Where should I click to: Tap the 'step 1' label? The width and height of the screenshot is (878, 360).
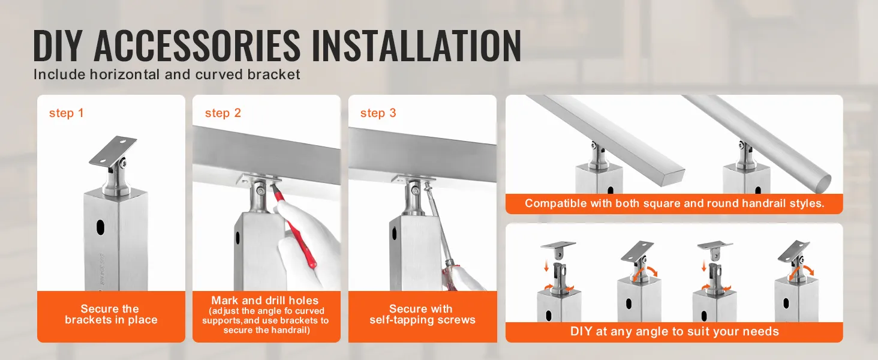tap(66, 113)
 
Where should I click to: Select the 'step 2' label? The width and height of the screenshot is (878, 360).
tap(222, 113)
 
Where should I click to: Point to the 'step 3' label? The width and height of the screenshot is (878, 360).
tap(378, 113)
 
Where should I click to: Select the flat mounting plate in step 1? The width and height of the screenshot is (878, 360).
tap(113, 151)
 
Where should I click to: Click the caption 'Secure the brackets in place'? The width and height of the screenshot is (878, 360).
tap(111, 314)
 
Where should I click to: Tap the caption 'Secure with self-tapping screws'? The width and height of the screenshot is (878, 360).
tap(422, 314)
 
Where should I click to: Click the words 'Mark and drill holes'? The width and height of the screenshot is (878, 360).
tap(264, 301)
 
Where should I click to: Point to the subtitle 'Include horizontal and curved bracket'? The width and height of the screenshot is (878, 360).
tap(167, 75)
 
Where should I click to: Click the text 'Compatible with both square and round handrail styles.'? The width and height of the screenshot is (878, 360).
tap(674, 203)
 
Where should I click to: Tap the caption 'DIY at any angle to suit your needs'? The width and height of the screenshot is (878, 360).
tap(674, 331)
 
